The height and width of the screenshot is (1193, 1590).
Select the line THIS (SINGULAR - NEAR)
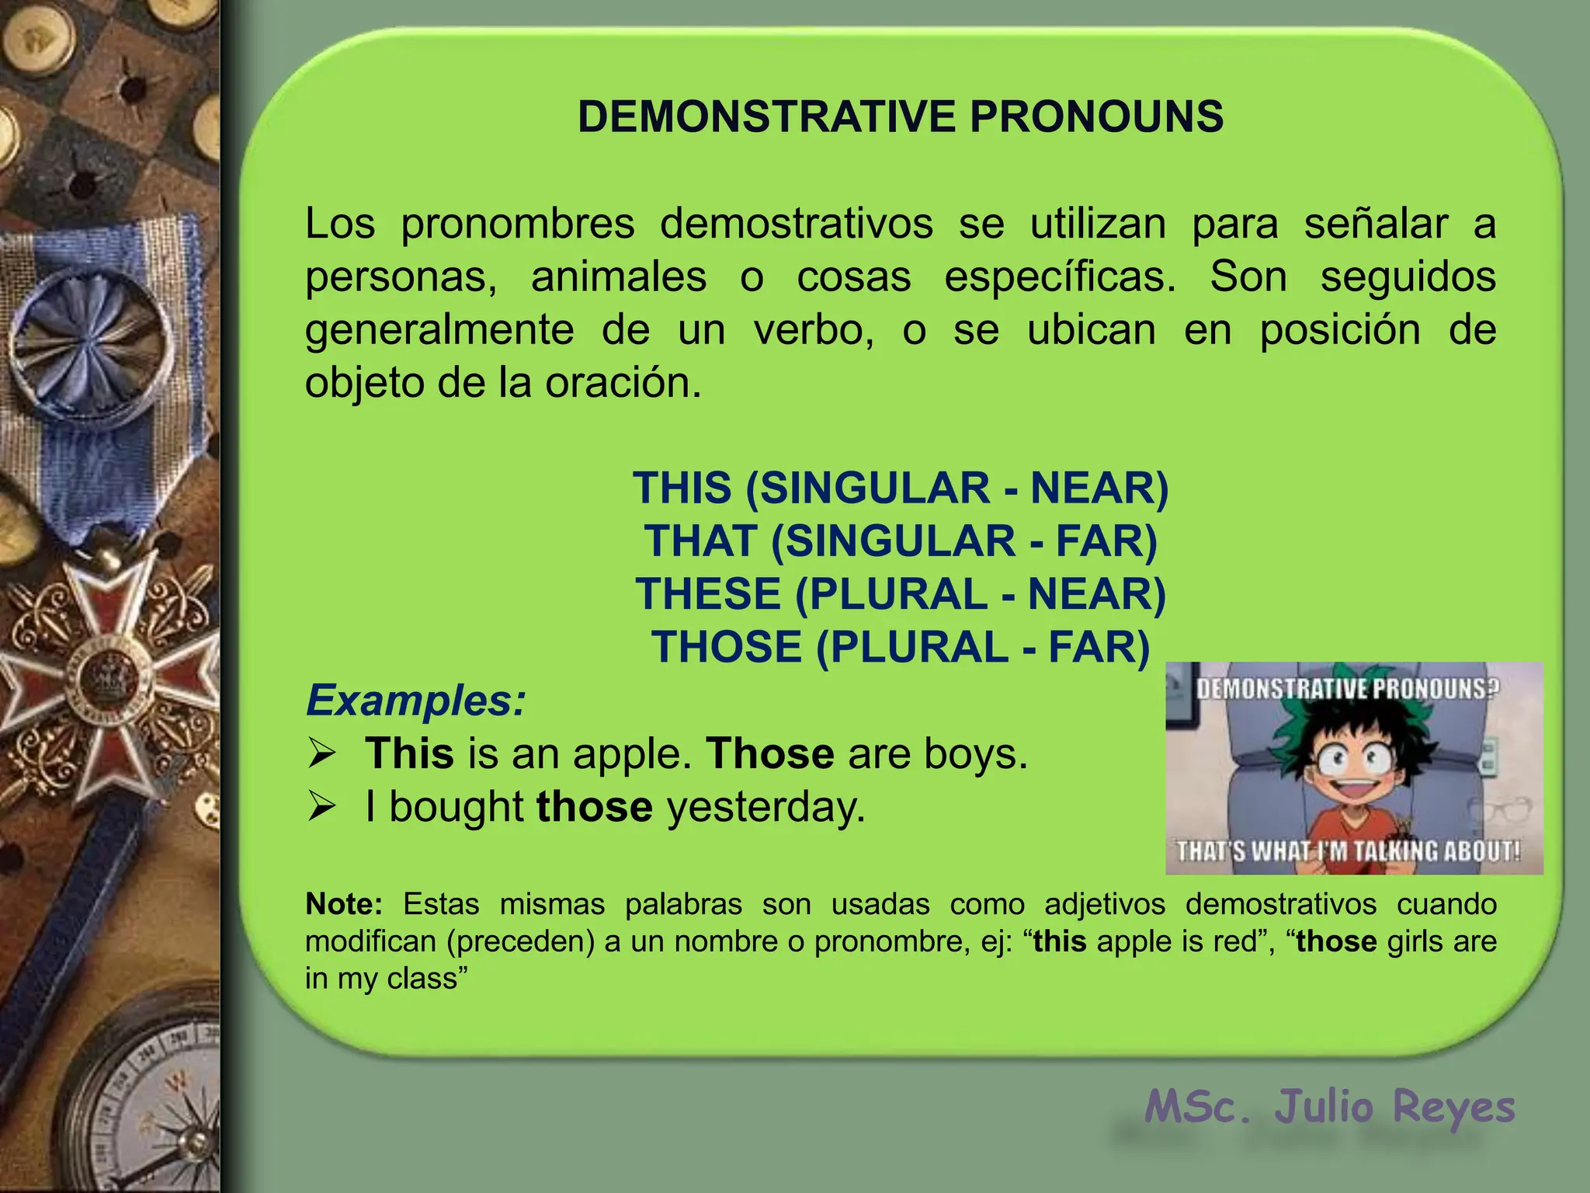[901, 489]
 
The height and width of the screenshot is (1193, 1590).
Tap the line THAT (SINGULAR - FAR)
[901, 541]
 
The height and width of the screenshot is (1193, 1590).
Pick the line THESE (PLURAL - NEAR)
[901, 594]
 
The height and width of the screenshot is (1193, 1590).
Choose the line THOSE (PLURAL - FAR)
[901, 648]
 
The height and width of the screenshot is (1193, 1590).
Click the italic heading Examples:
[416, 701]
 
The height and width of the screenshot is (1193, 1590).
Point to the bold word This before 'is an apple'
[409, 753]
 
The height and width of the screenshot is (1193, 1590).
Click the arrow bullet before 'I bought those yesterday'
[321, 807]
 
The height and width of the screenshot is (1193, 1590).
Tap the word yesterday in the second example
[765, 808]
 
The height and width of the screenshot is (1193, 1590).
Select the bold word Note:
[343, 904]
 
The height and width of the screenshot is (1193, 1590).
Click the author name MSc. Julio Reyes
[1329, 1106]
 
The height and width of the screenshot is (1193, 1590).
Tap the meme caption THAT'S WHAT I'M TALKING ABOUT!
[1349, 851]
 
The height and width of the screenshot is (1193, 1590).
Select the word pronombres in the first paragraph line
[518, 224]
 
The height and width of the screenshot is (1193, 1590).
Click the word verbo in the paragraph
[814, 331]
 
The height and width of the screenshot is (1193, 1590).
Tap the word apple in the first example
[632, 754]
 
